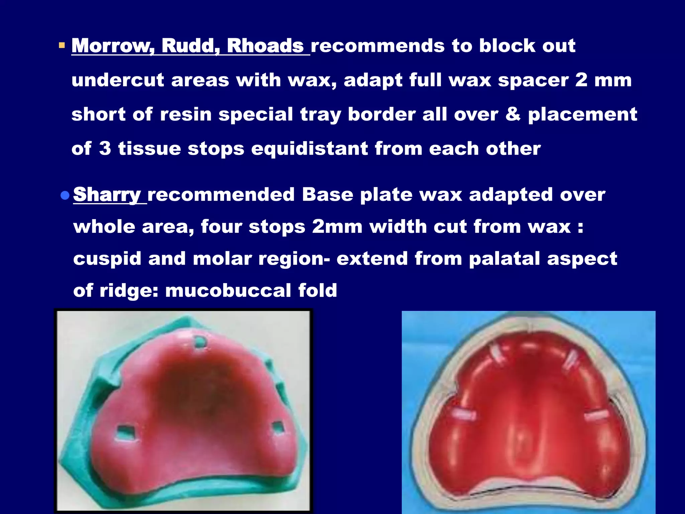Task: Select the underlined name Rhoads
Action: [265, 46]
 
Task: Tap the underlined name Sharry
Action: [107, 195]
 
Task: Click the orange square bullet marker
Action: [62, 45]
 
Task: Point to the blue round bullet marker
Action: [65, 195]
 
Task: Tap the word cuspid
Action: [107, 259]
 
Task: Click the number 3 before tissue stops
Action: [105, 149]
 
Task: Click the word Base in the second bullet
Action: [327, 195]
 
